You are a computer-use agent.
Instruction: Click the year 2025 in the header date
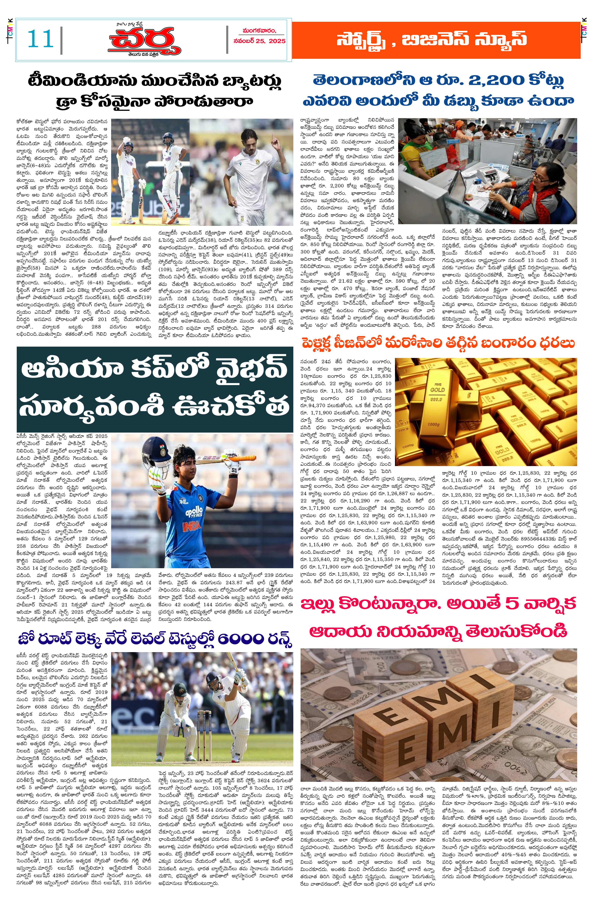[277, 41]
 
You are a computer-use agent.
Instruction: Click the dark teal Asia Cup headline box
[154, 389]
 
